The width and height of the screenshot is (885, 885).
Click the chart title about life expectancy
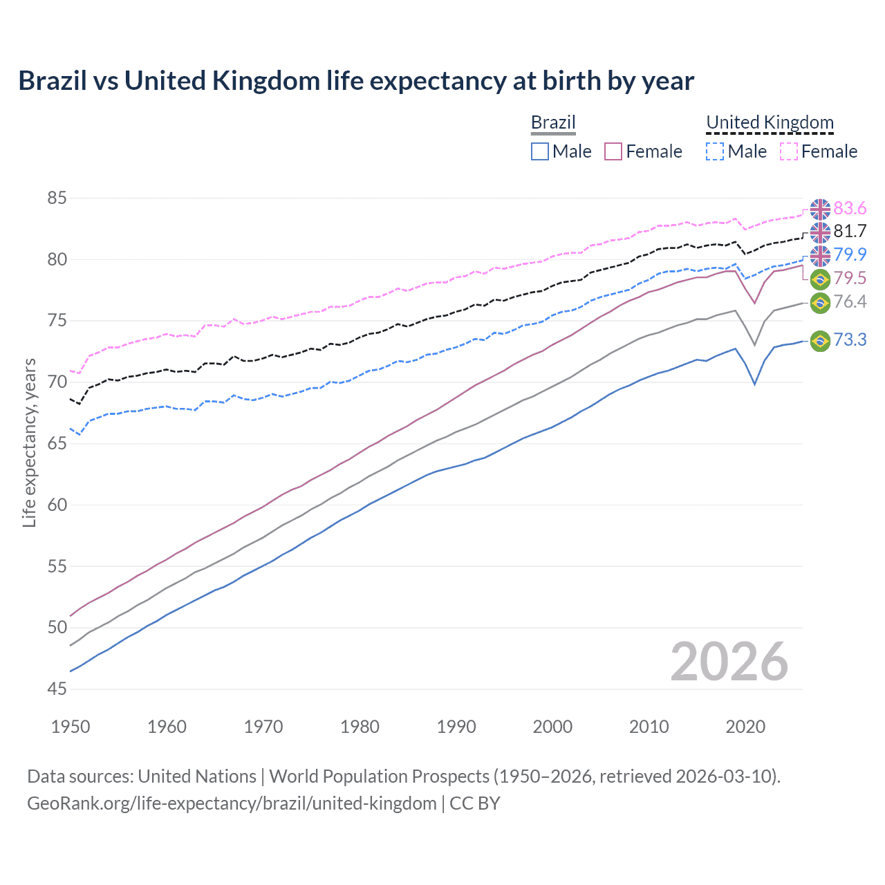click(356, 81)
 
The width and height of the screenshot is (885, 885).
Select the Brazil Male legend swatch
click(540, 151)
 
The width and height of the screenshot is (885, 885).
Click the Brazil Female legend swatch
click(613, 151)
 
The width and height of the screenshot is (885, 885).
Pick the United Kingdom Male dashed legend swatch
click(715, 151)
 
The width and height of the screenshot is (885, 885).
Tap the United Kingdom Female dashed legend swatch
click(789, 151)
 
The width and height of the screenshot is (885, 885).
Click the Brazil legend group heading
click(553, 123)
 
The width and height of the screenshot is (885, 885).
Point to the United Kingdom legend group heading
click(770, 123)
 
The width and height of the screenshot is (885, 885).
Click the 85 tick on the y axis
click(57, 198)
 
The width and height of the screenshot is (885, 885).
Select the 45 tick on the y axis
click(57, 689)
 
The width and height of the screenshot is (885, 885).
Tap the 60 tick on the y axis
click(57, 505)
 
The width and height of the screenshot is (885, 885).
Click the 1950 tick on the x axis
click(71, 727)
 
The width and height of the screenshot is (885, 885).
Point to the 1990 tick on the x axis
click(456, 727)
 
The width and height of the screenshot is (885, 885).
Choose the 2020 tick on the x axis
click(745, 727)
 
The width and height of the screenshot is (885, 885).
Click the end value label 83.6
click(850, 209)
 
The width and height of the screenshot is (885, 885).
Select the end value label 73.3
click(850, 340)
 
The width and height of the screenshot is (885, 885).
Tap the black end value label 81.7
click(850, 232)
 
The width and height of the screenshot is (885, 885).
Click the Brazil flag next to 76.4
click(820, 302)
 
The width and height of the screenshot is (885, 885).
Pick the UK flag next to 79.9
click(820, 255)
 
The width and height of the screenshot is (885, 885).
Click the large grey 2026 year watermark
click(729, 662)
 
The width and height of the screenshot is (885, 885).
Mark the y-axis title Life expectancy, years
click(29, 442)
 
